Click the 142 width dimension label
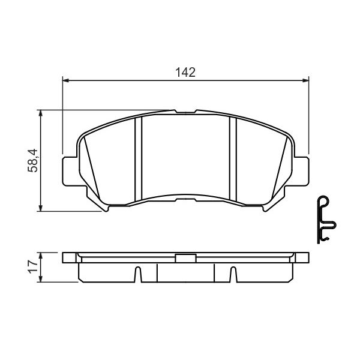tap(185, 73)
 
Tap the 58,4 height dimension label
tap(33, 160)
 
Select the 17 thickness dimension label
tap(33, 266)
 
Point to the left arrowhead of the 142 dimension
tap(66, 80)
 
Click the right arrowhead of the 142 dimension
tap(305, 80)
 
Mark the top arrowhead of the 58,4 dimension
tap(41, 113)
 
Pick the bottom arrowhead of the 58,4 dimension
tap(41, 208)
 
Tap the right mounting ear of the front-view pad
tap(301, 171)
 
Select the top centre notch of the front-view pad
tap(186, 112)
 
